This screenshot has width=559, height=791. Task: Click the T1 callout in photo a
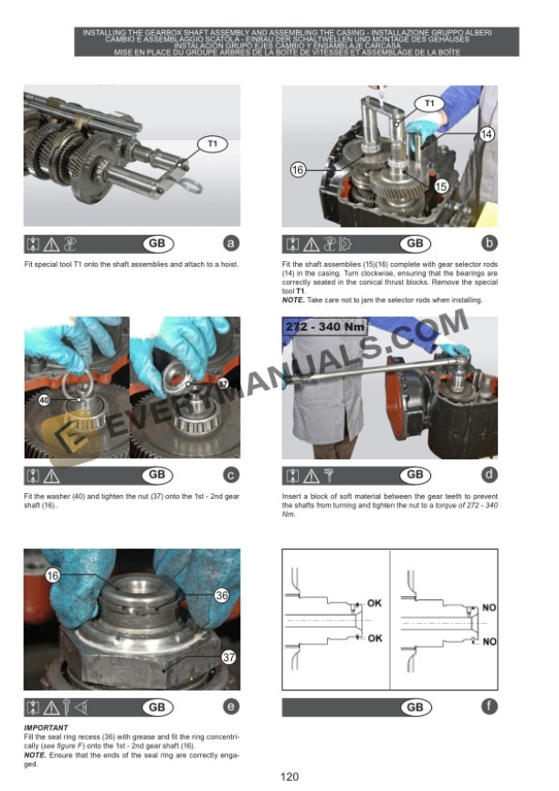212,143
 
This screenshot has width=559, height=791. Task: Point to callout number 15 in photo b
441,185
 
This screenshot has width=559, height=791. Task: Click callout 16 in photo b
298,170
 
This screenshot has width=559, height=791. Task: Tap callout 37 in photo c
223,383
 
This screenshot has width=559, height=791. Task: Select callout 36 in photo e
220,594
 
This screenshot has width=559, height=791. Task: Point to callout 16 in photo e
52,575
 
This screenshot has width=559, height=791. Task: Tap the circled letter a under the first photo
231,243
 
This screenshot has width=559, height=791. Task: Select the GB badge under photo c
156,474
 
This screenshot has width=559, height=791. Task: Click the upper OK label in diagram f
374,604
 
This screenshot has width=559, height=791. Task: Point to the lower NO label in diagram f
489,642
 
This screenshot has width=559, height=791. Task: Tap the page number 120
290,777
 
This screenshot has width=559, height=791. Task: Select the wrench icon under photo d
328,475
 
